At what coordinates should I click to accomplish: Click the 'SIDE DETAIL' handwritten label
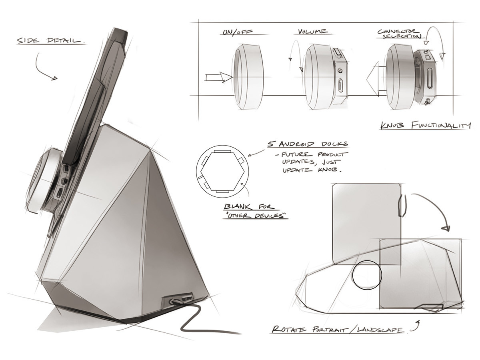[x=50, y=41]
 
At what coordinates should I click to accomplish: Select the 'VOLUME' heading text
[x=312, y=31]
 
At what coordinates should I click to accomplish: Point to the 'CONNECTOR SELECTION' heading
[x=399, y=33]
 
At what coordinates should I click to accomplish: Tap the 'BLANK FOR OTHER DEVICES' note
[x=256, y=212]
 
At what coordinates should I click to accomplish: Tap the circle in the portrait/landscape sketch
[x=367, y=275]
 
